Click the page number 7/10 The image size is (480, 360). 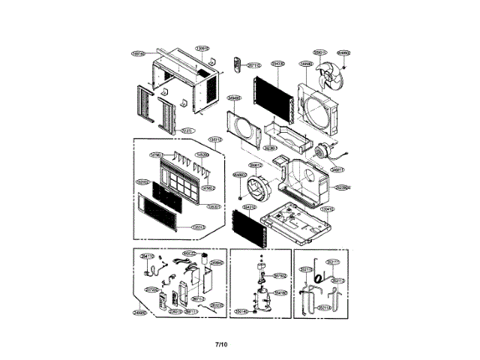[x=220, y=344]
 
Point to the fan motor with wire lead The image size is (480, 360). [x=325, y=152]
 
